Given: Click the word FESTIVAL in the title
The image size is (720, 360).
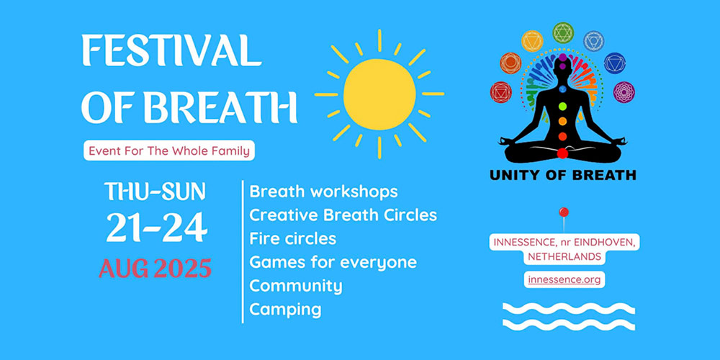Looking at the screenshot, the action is pyautogui.click(x=171, y=50).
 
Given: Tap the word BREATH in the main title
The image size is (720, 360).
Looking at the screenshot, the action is pyautogui.click(x=220, y=107).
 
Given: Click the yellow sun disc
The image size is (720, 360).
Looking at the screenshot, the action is pyautogui.click(x=379, y=94).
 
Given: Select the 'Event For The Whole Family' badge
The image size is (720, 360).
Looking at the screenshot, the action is pyautogui.click(x=169, y=150).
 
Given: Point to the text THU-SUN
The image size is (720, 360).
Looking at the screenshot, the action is pyautogui.click(x=155, y=192).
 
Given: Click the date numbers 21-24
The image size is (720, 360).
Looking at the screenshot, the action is pyautogui.click(x=156, y=228).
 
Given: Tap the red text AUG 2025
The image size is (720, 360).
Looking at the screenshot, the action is pyautogui.click(x=156, y=268).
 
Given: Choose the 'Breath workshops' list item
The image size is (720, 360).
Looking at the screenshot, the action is pyautogui.click(x=323, y=192).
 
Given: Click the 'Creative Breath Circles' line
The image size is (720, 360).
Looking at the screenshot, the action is pyautogui.click(x=343, y=215).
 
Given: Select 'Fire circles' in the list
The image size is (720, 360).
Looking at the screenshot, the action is pyautogui.click(x=292, y=239).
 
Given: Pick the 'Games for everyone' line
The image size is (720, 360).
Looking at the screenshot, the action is pyautogui.click(x=333, y=262).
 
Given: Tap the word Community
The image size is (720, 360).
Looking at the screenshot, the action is pyautogui.click(x=296, y=286).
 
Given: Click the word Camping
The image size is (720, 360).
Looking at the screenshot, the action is pyautogui.click(x=285, y=310).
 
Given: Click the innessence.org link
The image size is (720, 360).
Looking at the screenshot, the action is pyautogui.click(x=564, y=279).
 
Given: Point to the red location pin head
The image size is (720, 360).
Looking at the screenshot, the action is pyautogui.click(x=564, y=212).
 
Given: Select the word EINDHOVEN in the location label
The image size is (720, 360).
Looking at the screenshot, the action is pyautogui.click(x=606, y=242).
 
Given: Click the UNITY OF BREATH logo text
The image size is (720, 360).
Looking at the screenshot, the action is pyautogui.click(x=562, y=175).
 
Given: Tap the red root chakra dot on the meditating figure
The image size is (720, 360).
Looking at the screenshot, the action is pyautogui.click(x=562, y=153).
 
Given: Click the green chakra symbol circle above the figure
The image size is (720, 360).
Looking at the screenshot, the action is pyautogui.click(x=563, y=32).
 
